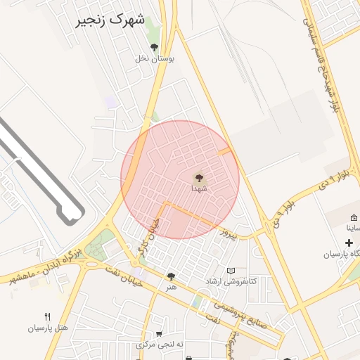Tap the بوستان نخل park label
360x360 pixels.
click(155, 59)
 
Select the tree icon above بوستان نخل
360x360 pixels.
click(155, 47)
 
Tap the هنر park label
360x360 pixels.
click(170, 287)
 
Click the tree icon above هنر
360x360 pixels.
click(170, 276)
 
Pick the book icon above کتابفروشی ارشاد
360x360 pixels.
click(231, 271)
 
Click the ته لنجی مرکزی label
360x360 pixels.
click(160, 345)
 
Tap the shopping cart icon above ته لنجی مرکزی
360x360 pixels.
click(160, 333)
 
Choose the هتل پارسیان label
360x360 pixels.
click(48, 328)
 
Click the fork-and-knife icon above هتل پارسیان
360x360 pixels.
click(48, 316)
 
